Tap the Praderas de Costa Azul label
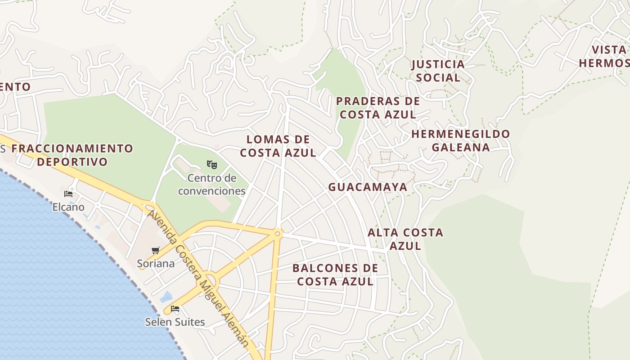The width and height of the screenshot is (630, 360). click(x=378, y=108)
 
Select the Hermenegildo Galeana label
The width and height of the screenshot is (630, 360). click(x=461, y=140)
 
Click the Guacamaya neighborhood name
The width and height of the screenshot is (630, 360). click(x=368, y=187)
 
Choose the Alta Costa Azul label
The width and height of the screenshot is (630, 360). click(x=405, y=239)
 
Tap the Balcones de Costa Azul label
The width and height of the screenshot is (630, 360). click(x=335, y=275)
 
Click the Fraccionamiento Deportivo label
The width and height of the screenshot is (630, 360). click(x=72, y=155)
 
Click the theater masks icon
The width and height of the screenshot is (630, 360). click(x=212, y=165)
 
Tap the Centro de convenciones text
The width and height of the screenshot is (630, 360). click(x=212, y=184)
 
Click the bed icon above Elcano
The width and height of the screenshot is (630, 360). click(x=68, y=194)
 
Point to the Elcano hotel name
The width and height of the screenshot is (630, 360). click(x=68, y=207)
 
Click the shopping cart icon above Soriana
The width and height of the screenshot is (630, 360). click(x=156, y=250)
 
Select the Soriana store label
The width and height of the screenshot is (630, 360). click(x=156, y=264)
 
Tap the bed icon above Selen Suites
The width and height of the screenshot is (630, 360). click(x=175, y=309)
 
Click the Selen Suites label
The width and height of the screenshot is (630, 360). click(x=175, y=322)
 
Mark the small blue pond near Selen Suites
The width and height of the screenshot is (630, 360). click(x=166, y=297)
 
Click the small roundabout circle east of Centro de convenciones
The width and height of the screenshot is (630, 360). click(x=278, y=234)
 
